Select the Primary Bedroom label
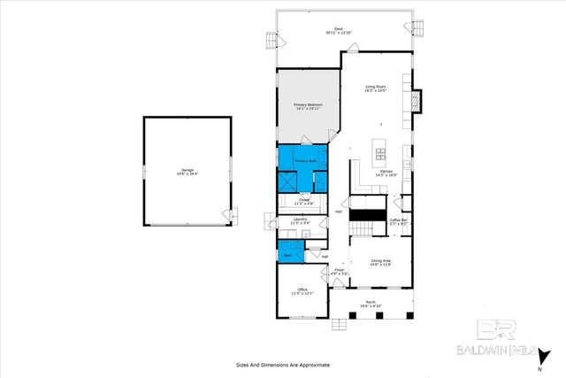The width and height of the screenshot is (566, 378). (x=308, y=107)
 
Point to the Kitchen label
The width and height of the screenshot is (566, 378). (x=386, y=173)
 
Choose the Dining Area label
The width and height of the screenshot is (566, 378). (x=381, y=262)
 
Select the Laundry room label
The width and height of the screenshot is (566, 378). (x=299, y=220)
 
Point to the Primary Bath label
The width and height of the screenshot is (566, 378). (x=305, y=161)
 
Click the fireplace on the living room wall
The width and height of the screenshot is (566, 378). (x=419, y=103)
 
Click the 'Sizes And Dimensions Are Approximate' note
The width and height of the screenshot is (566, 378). (x=282, y=364)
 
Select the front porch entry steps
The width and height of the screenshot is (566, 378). (x=339, y=326)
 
